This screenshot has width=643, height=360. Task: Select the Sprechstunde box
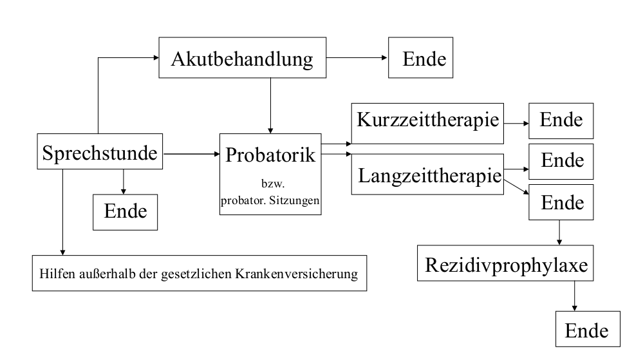coord(100,154)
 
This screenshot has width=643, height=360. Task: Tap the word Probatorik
coord(271,155)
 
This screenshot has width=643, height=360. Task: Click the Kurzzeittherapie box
coord(427,120)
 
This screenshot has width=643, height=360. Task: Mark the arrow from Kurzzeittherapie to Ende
coord(515,120)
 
